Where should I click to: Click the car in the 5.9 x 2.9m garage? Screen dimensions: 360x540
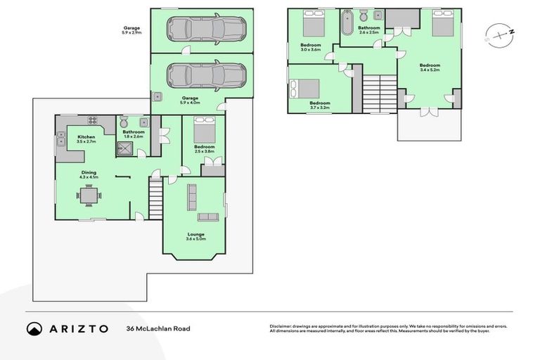[x=205, y=30]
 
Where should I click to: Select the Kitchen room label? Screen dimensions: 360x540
[x=86, y=136]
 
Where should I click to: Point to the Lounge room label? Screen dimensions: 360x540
[x=195, y=234]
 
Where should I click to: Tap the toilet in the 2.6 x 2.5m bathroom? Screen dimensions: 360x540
[x=363, y=17]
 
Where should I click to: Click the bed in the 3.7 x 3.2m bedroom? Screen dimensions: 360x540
[x=304, y=89]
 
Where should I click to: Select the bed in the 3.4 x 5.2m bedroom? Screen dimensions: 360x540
[x=442, y=27]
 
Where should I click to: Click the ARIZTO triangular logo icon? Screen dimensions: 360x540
[x=34, y=328]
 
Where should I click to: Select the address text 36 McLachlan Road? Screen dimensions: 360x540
[x=157, y=328]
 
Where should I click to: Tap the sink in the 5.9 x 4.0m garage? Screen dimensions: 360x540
[x=158, y=96]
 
